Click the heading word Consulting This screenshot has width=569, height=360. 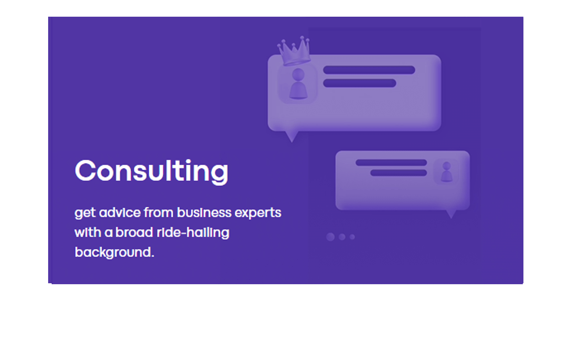pos(151,171)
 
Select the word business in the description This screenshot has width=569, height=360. pos(204,213)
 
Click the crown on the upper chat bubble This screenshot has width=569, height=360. pos(294,51)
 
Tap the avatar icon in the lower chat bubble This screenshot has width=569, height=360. pos(446,172)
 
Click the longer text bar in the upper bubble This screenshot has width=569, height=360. pos(369,70)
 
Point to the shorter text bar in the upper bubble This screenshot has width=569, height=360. pos(359,83)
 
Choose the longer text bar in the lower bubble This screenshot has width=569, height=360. pos(391,163)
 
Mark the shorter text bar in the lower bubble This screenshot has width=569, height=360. pos(399,173)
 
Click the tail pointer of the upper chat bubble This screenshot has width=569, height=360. pos(292,136)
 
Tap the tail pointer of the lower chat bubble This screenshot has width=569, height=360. pos(451,214)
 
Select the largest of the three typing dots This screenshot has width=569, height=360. pos(331,237)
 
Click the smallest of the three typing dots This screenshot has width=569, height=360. pos(352,237)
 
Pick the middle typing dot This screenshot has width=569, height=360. pos(342,237)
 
